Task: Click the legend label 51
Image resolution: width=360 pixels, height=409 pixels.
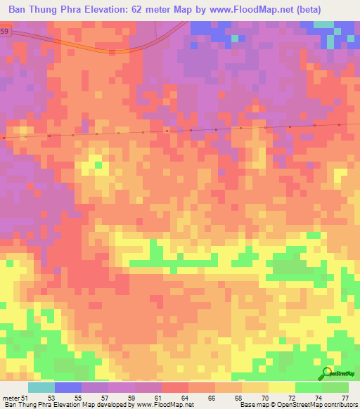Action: (x=27, y=398)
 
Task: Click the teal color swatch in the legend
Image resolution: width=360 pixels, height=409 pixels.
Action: (x=41, y=387)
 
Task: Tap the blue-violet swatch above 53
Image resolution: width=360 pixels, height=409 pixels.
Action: (x=68, y=387)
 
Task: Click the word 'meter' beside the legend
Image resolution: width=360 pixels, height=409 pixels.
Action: (x=11, y=398)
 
